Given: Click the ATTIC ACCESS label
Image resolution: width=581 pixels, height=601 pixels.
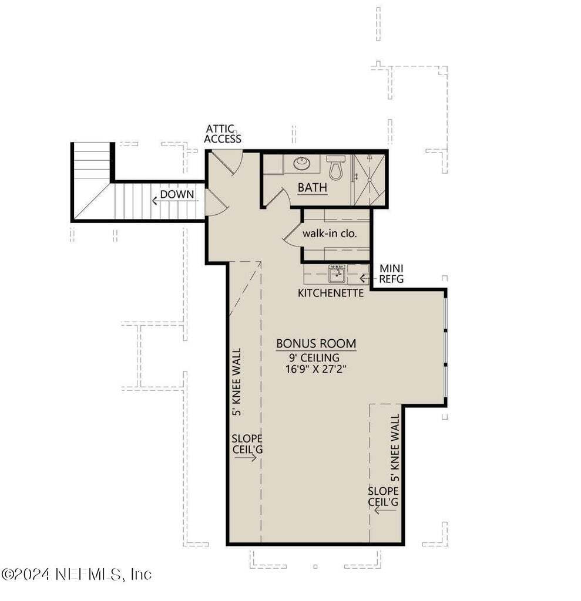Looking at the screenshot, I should [x=223, y=134].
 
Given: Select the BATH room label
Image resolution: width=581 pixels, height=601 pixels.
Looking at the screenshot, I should [x=312, y=188].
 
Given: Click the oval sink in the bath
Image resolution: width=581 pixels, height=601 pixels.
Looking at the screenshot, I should [x=302, y=164].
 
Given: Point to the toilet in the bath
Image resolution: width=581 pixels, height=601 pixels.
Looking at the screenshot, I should [x=336, y=167].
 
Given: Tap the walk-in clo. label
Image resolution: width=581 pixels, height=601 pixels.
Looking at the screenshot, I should [x=330, y=233].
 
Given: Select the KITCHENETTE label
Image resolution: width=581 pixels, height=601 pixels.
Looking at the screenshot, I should [x=331, y=292].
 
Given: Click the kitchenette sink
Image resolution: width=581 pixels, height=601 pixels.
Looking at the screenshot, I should [x=336, y=274].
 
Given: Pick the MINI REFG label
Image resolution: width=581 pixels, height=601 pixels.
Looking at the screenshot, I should [x=391, y=274].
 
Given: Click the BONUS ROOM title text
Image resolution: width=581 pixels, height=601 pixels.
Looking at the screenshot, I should [x=316, y=344].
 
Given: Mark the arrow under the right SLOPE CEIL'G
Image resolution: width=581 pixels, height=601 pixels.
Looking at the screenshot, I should [x=384, y=511].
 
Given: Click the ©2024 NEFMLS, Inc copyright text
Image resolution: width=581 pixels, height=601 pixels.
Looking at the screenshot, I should [x=76, y=573].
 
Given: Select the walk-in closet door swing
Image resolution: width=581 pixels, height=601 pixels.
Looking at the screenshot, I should [x=293, y=235].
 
